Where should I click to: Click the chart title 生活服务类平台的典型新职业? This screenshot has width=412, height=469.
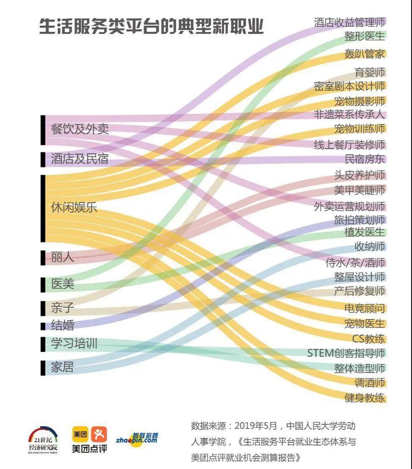tap(151, 26)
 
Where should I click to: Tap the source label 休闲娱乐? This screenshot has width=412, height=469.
tap(74, 207)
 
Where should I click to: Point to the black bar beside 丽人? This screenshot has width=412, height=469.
tap(43, 257)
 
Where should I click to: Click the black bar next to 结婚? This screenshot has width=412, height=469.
tap(43, 325)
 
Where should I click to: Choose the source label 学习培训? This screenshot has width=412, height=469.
tap(74, 344)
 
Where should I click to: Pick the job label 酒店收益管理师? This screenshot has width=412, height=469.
tap(349, 22)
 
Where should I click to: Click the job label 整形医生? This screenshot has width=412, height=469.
tap(364, 36)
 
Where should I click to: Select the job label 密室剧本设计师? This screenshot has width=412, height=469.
tap(349, 86)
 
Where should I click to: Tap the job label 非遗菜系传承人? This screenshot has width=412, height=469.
tap(349, 114)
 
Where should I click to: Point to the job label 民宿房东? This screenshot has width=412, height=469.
tap(364, 159)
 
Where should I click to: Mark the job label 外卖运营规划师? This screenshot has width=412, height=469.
tap(349, 206)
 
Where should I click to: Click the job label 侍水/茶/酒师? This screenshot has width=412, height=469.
tap(355, 263)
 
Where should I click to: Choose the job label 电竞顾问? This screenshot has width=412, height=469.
tap(364, 309)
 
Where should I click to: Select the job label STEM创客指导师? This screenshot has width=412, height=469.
tap(346, 353)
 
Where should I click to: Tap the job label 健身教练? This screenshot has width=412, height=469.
tap(364, 398)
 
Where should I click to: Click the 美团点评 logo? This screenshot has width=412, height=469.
tap(89, 440)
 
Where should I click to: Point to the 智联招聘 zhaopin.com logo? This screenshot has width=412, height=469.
tap(137, 439)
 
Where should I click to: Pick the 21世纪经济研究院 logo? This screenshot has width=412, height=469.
tap(43, 440)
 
